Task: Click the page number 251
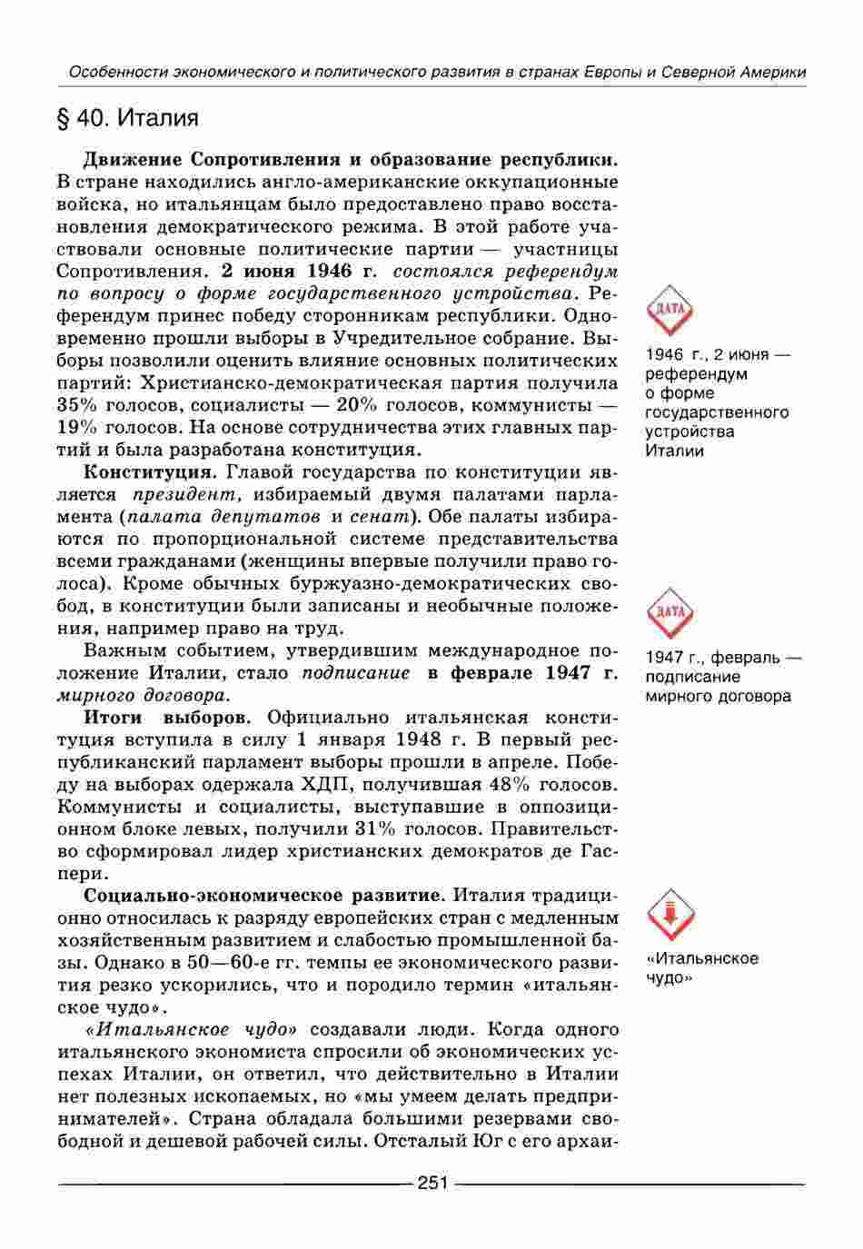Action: (431, 1184)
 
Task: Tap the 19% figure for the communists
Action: (77, 427)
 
